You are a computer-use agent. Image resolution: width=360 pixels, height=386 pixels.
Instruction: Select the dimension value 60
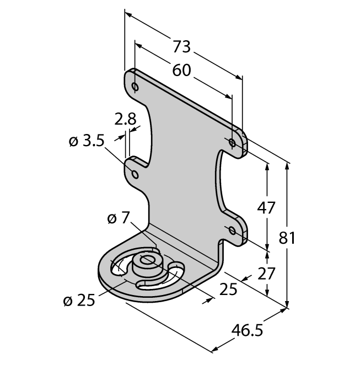pos(181,70)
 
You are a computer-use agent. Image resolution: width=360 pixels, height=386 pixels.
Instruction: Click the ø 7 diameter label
pos(118,218)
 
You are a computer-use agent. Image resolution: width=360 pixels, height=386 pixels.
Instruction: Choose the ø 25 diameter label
pos(79,301)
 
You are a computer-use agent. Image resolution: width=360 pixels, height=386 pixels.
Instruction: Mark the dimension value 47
pos(267,208)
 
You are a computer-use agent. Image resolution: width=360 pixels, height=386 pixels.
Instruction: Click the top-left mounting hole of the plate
pos(135,87)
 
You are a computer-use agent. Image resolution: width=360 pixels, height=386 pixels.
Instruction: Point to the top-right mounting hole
pos(232,143)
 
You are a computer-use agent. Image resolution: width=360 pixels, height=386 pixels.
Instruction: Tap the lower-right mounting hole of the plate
pos(232,230)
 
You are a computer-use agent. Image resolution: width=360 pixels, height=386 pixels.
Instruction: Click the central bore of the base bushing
pos(146,260)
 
